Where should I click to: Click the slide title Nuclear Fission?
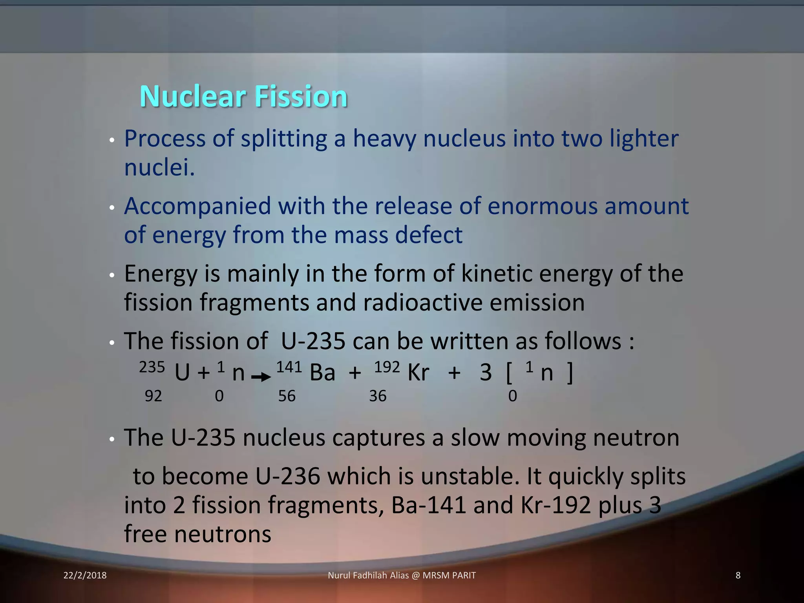coord(243,96)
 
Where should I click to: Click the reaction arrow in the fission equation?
coord(261,377)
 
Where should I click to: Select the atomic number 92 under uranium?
coord(153,396)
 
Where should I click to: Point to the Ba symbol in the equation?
coord(322,373)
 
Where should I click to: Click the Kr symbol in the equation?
coord(418,373)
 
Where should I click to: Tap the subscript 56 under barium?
coord(287,396)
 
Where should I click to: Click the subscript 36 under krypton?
coord(378,396)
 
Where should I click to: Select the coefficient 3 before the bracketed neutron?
coord(486,373)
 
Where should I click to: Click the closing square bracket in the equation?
coord(570,373)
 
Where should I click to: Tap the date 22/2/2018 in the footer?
coord(85,576)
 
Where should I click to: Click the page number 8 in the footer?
coord(738,576)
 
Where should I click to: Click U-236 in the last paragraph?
coord(288,476)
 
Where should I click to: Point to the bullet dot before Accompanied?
coord(112,208)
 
